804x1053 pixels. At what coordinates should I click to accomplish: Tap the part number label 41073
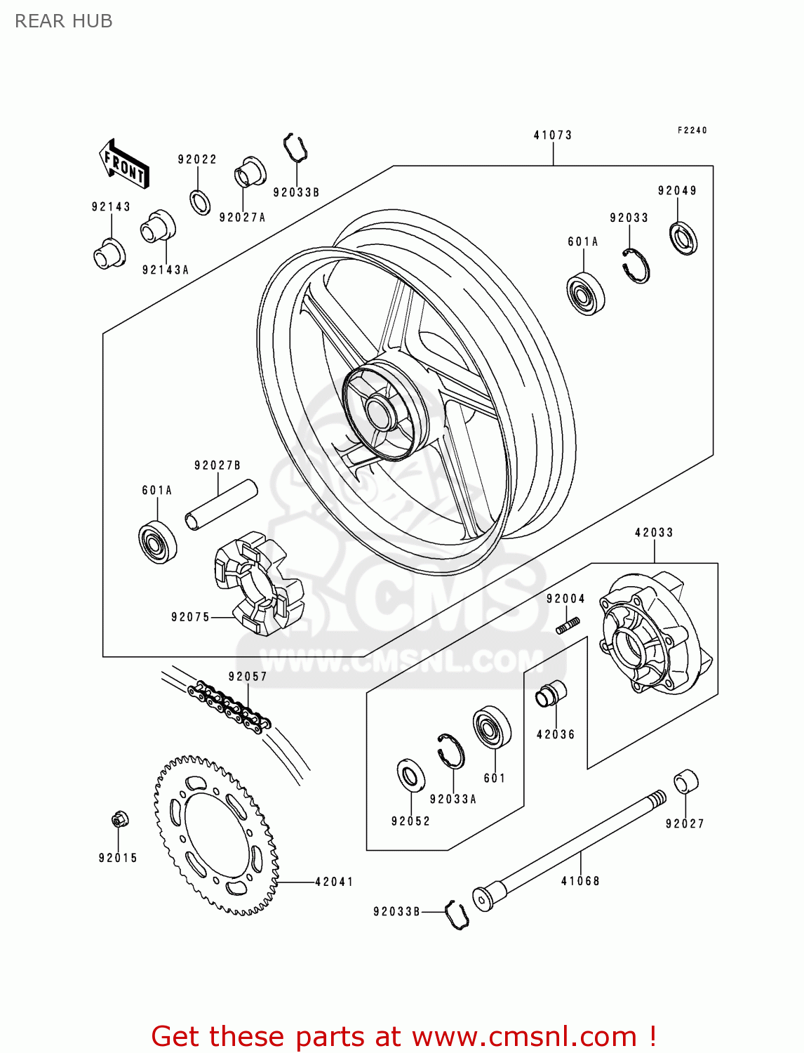click(x=552, y=135)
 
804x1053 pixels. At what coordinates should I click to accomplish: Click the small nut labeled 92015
click(x=119, y=820)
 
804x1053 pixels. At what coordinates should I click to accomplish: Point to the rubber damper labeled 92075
click(x=257, y=583)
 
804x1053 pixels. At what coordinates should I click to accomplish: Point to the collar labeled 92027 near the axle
click(x=685, y=782)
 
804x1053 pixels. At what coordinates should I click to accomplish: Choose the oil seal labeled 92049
click(x=683, y=238)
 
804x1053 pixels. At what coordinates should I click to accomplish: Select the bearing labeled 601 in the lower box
click(x=492, y=727)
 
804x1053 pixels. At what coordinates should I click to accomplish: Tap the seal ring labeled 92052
click(x=411, y=775)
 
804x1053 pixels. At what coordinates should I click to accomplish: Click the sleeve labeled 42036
click(x=551, y=694)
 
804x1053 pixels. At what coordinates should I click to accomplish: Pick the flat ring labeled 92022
click(x=200, y=202)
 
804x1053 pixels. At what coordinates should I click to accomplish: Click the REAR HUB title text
click(x=64, y=21)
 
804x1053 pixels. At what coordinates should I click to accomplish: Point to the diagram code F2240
click(x=692, y=130)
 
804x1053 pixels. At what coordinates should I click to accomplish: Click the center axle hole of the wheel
click(x=380, y=411)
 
